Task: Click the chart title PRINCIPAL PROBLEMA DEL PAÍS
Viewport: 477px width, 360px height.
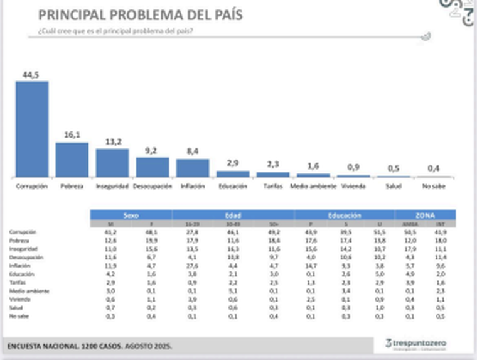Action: (140, 15)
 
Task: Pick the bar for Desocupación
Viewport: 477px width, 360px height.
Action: (153, 167)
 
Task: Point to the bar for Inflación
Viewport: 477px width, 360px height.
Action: (192, 168)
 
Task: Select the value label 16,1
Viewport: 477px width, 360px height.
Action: (72, 135)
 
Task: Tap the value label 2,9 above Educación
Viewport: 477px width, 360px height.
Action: (233, 163)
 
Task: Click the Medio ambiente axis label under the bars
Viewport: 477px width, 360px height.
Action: (312, 187)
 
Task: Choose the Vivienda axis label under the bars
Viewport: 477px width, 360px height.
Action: (353, 187)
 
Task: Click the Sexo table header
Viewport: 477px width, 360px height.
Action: (131, 215)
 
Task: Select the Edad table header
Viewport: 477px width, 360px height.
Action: (233, 215)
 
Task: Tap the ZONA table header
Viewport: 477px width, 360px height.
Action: (425, 215)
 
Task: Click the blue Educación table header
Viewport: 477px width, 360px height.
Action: (344, 215)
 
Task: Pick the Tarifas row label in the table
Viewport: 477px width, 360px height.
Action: (18, 282)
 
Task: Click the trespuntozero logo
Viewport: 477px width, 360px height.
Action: (416, 344)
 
